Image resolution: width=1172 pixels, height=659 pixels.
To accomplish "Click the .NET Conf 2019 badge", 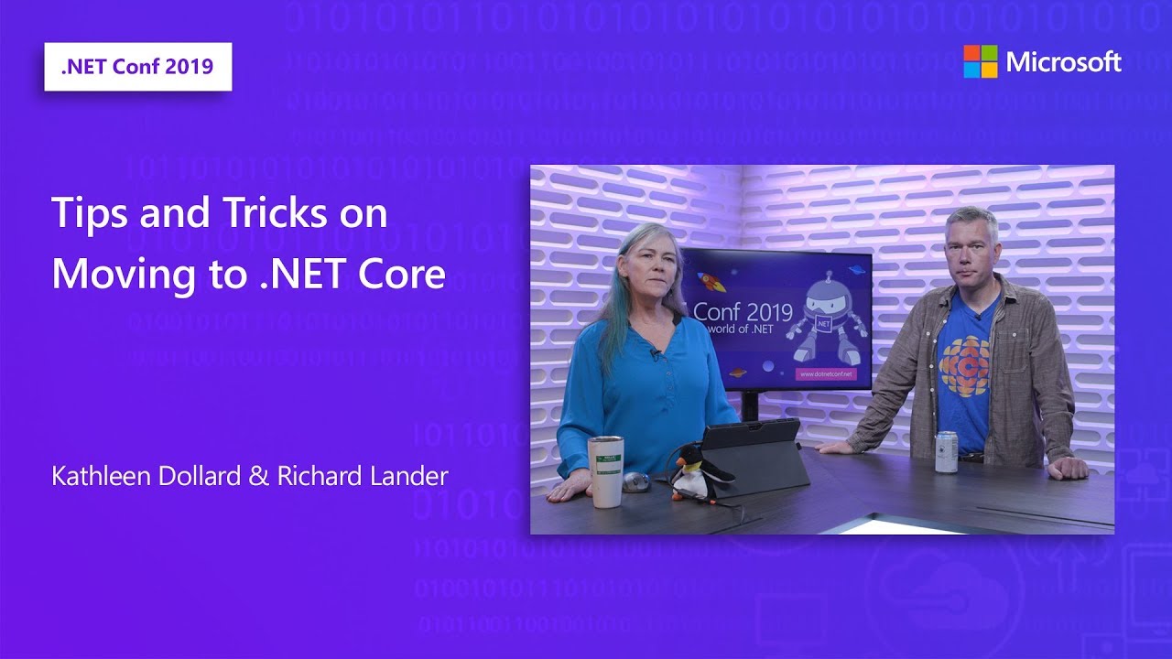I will (137, 66).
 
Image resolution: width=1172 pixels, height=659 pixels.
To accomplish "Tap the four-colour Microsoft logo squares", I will (980, 61).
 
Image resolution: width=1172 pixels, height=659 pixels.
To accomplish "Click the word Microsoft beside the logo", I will (1063, 61).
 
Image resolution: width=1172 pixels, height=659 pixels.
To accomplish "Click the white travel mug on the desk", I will (605, 470).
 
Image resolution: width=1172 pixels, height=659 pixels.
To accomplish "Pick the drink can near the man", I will (946, 451).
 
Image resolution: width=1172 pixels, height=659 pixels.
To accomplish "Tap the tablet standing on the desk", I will (760, 458).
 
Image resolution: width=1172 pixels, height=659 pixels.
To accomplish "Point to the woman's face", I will (647, 271).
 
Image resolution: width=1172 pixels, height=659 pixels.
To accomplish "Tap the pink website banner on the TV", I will (825, 373).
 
